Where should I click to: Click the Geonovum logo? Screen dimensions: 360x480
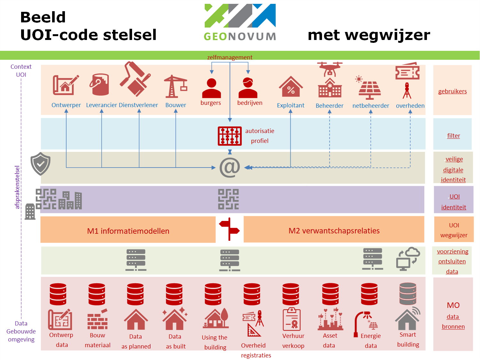click(x=240, y=22)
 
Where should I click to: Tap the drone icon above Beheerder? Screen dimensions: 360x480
click(x=329, y=68)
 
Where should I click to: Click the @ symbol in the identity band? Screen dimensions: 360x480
click(x=230, y=167)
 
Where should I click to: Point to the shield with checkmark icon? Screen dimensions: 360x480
click(x=40, y=164)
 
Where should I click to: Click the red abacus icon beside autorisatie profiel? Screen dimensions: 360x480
click(x=230, y=136)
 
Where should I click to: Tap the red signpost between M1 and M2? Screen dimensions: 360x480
click(x=229, y=229)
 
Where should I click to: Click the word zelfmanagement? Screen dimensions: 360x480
click(x=230, y=57)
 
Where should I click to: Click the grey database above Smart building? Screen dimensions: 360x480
click(x=408, y=293)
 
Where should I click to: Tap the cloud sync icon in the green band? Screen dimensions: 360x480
click(x=408, y=259)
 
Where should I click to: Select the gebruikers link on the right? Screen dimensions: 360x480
click(x=452, y=91)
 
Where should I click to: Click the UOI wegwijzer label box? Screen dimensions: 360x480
click(x=453, y=230)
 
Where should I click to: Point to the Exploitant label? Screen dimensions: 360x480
click(x=290, y=106)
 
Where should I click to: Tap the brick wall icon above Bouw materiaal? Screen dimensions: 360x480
click(x=98, y=320)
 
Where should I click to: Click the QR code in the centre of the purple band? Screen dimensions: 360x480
click(x=228, y=199)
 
